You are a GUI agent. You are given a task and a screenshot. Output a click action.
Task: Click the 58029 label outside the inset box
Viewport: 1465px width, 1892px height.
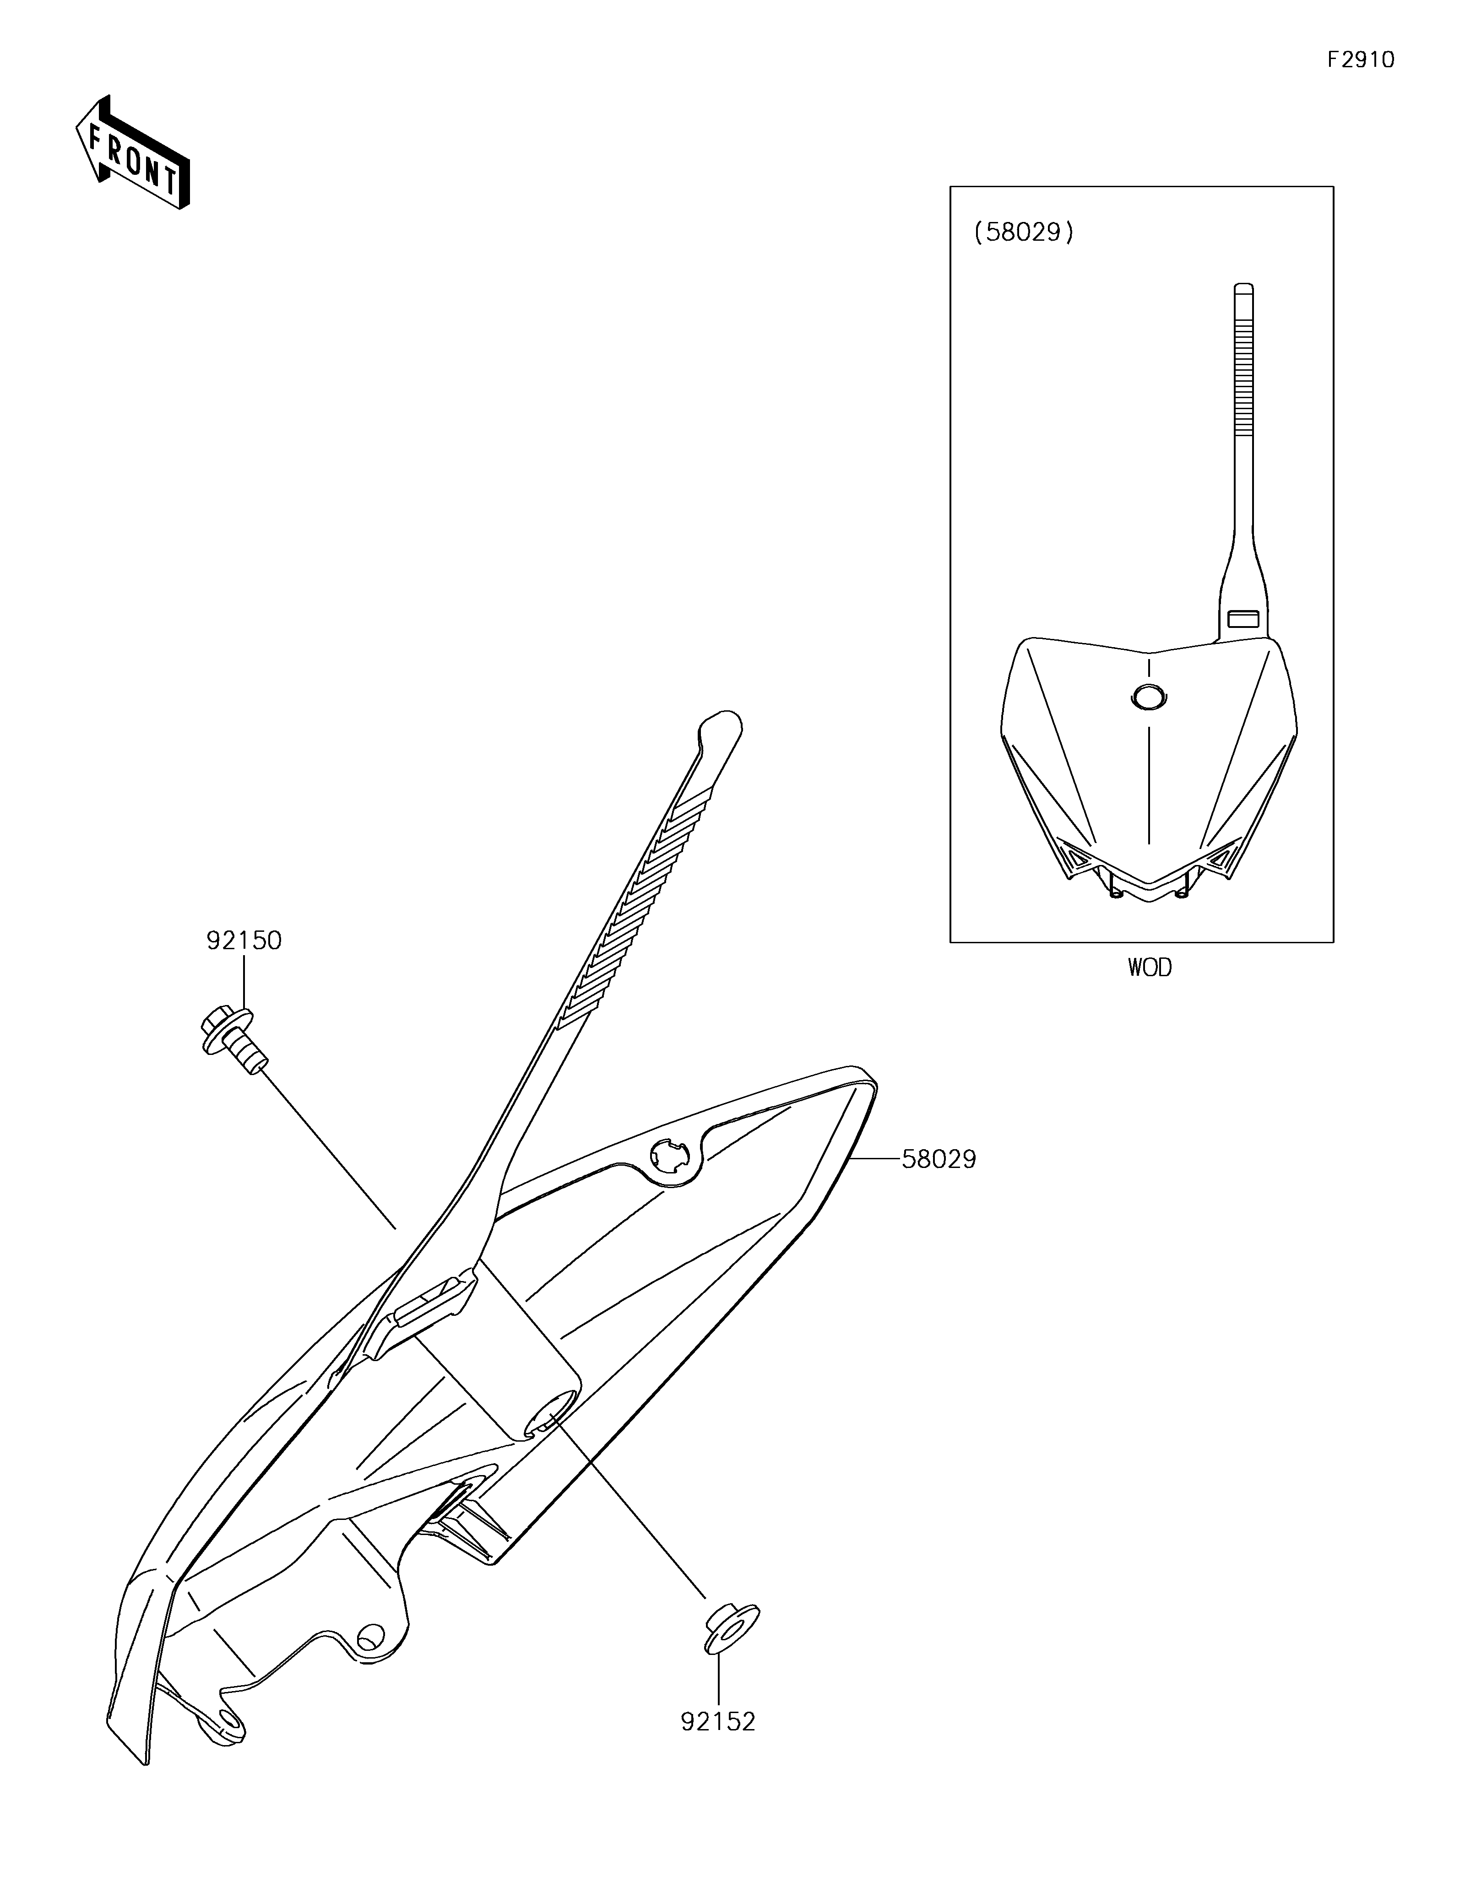(939, 1159)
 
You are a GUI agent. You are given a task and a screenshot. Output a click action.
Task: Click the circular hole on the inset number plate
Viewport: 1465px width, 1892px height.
(1149, 697)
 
